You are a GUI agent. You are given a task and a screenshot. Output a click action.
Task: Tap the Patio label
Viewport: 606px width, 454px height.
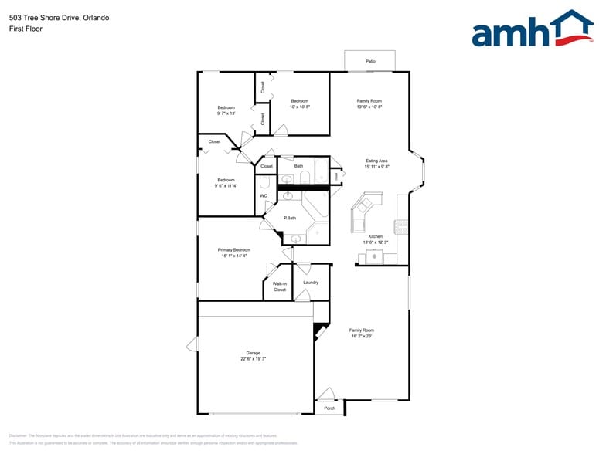coord(370,60)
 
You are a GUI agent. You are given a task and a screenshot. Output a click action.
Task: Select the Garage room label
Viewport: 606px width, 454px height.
coord(253,353)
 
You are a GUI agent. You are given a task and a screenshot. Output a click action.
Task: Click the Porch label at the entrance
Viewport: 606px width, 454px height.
coord(329,408)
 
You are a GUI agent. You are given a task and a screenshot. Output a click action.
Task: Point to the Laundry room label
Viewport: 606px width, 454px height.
coord(311,283)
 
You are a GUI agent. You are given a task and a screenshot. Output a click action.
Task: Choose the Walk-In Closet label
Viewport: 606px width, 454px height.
coord(279,286)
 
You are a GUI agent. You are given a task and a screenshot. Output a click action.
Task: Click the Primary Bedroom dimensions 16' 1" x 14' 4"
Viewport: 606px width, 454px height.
coord(235,256)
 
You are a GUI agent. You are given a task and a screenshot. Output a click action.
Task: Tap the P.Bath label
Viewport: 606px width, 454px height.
coord(290,218)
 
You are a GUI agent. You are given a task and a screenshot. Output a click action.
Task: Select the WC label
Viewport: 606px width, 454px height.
coord(263,195)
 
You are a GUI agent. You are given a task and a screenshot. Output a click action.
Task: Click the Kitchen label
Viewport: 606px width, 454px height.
coord(375,236)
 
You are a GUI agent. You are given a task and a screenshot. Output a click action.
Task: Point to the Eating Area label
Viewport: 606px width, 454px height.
coord(376,161)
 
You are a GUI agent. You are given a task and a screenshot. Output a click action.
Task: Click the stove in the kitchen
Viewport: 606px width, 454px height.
coord(401,226)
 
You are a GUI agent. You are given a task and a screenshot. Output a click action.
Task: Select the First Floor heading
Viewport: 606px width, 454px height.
coord(26,29)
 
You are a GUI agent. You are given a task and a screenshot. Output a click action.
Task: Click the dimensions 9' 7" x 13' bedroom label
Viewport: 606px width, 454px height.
coord(226,113)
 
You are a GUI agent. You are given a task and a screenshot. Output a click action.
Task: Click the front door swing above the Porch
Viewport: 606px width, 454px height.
coord(325,394)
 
